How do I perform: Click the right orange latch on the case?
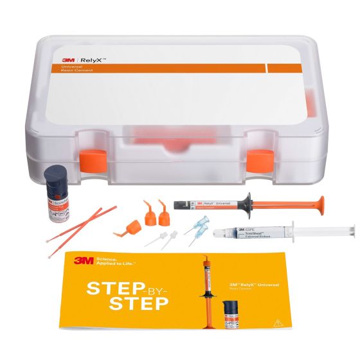click(x=258, y=157)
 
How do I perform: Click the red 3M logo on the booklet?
click(x=82, y=260)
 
